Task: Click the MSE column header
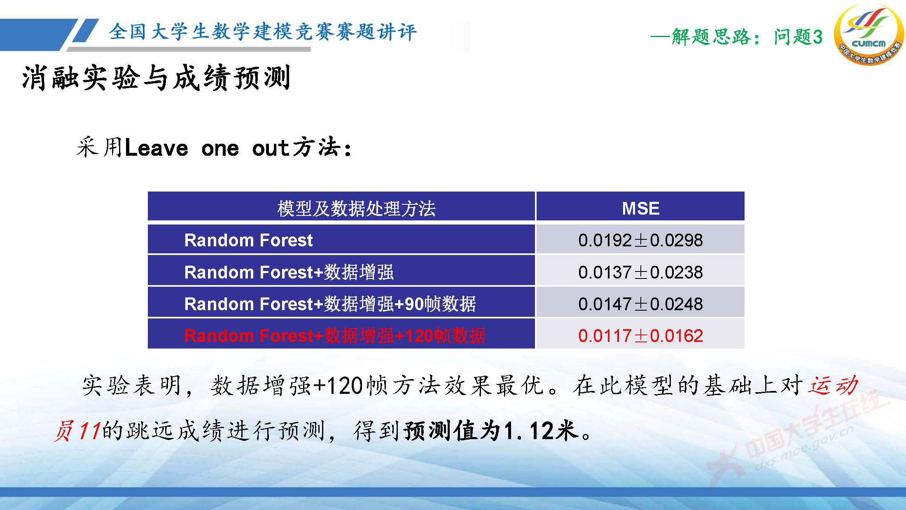point(640,208)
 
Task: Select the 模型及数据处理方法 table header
point(356,208)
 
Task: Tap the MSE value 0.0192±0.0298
point(640,240)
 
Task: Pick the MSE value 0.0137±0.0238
point(640,272)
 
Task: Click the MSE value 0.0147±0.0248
point(640,304)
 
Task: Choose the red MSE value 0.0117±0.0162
point(640,336)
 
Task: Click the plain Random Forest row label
point(248,240)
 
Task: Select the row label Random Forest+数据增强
point(289,272)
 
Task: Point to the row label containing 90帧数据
point(330,304)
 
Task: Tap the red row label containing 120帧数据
point(335,336)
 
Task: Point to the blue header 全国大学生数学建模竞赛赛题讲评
point(263,32)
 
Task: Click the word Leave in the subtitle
point(156,148)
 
